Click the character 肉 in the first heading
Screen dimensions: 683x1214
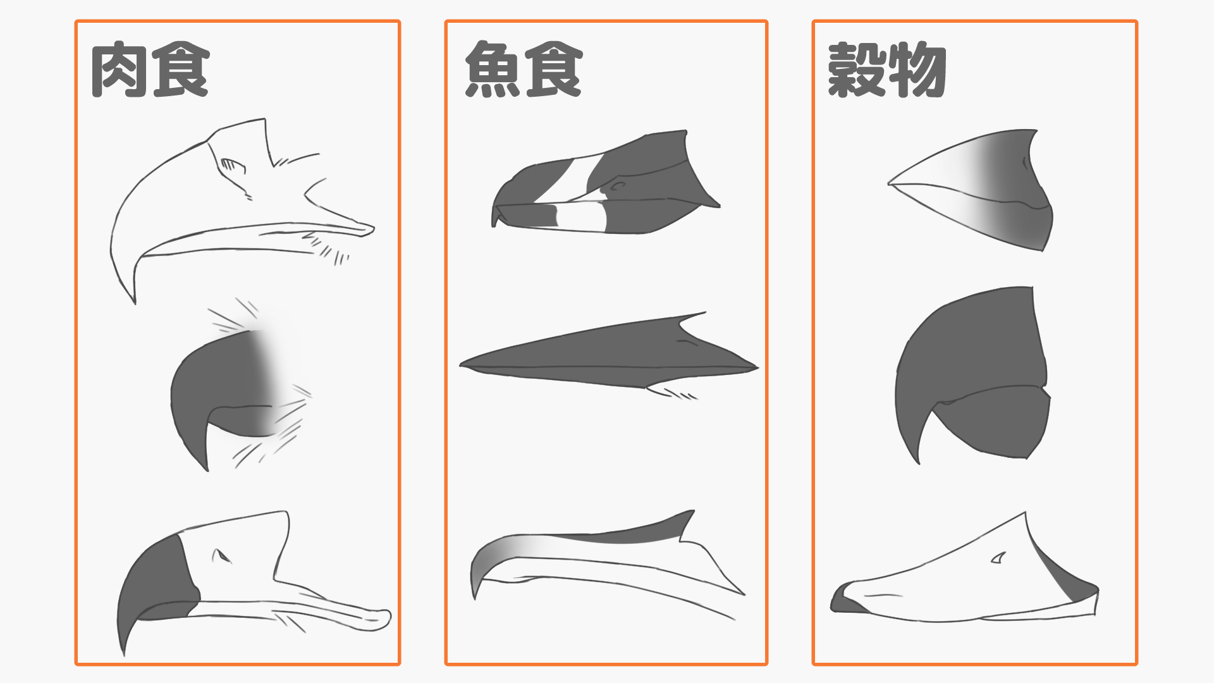tap(120, 70)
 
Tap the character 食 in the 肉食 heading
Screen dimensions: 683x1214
tap(181, 70)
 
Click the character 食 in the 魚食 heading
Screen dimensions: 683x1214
tap(553, 70)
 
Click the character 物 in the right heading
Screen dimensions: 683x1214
tap(916, 70)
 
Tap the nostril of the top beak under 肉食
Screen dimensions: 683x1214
tap(231, 166)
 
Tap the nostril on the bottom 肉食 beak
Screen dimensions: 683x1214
tap(221, 557)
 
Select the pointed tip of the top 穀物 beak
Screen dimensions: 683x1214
tap(892, 183)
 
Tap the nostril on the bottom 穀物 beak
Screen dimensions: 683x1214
tap(998, 558)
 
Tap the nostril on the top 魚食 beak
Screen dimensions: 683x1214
tap(616, 187)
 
